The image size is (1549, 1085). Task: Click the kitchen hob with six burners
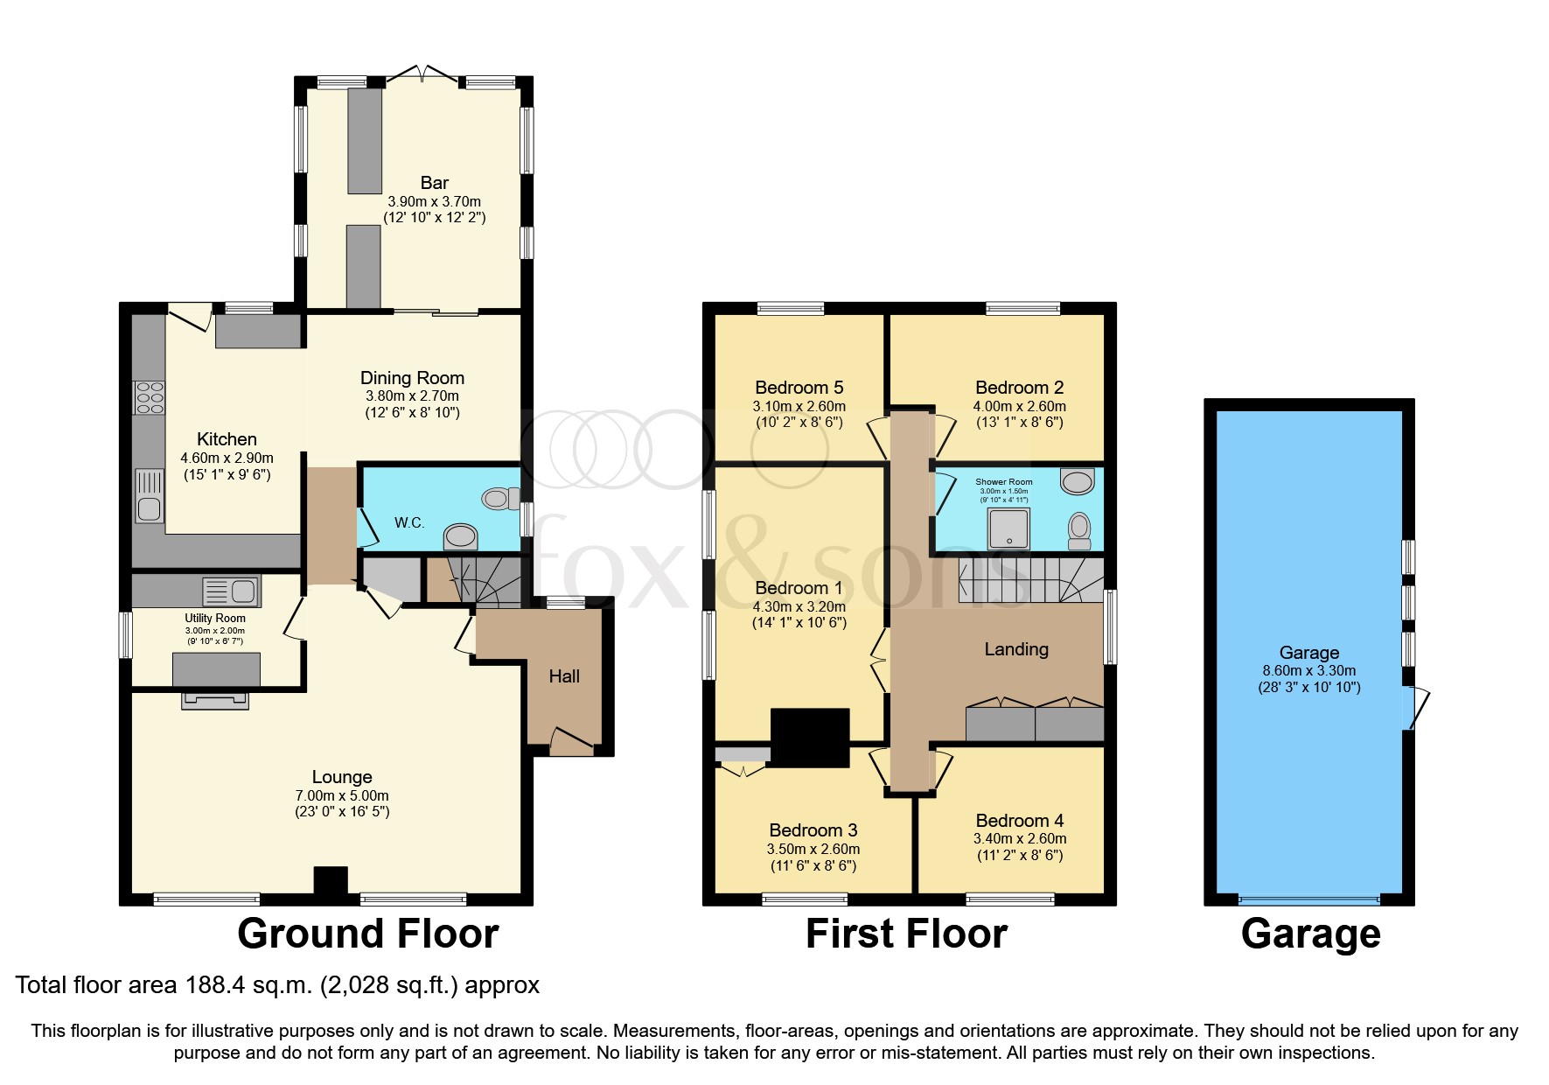point(149,398)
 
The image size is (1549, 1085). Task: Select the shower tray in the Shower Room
point(1008,529)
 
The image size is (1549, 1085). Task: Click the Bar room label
point(434,183)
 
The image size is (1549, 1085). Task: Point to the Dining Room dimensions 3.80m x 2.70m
point(412,395)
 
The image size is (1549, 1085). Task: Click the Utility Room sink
point(231,592)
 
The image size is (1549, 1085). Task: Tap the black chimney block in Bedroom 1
point(809,738)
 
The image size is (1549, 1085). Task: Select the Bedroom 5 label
point(799,388)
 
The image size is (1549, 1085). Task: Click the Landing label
point(1015,649)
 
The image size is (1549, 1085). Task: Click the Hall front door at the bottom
point(571,742)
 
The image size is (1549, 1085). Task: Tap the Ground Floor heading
point(367,934)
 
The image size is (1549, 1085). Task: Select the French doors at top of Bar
point(422,74)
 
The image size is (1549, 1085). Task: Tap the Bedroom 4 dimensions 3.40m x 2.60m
point(1019,838)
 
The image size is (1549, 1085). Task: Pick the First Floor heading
point(906,934)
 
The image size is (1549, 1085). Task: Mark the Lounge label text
point(342,777)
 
